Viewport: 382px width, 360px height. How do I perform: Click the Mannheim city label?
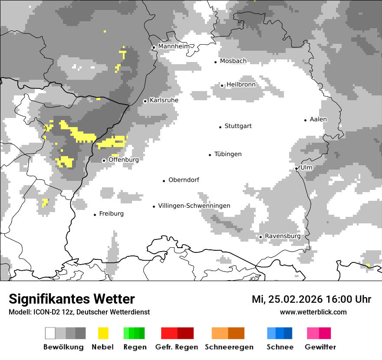(x=174, y=46)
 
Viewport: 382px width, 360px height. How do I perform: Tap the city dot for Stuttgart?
(x=220, y=127)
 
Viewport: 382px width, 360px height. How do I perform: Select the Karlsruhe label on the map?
(x=164, y=101)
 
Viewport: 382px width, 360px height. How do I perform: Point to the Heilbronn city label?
(x=241, y=85)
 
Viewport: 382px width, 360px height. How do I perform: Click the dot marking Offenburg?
(x=104, y=160)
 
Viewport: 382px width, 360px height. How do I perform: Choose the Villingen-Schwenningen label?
(x=194, y=206)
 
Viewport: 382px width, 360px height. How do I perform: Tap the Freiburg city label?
(x=111, y=214)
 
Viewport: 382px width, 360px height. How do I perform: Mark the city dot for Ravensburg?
(x=260, y=237)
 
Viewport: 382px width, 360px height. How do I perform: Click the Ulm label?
(x=306, y=168)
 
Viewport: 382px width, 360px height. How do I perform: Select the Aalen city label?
(x=318, y=120)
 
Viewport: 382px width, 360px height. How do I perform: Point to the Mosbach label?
(x=233, y=61)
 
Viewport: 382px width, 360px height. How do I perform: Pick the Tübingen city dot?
(x=210, y=155)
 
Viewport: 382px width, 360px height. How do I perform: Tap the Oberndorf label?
(x=184, y=180)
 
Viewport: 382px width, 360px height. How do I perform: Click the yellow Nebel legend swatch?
(x=103, y=333)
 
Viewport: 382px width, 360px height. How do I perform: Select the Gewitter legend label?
(x=320, y=347)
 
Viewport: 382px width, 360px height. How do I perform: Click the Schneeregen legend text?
(x=229, y=347)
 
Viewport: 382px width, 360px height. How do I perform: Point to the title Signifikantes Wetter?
(x=72, y=299)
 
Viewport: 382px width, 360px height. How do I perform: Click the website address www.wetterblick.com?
(x=313, y=312)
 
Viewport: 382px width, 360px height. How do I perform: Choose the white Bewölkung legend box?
(x=50, y=333)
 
